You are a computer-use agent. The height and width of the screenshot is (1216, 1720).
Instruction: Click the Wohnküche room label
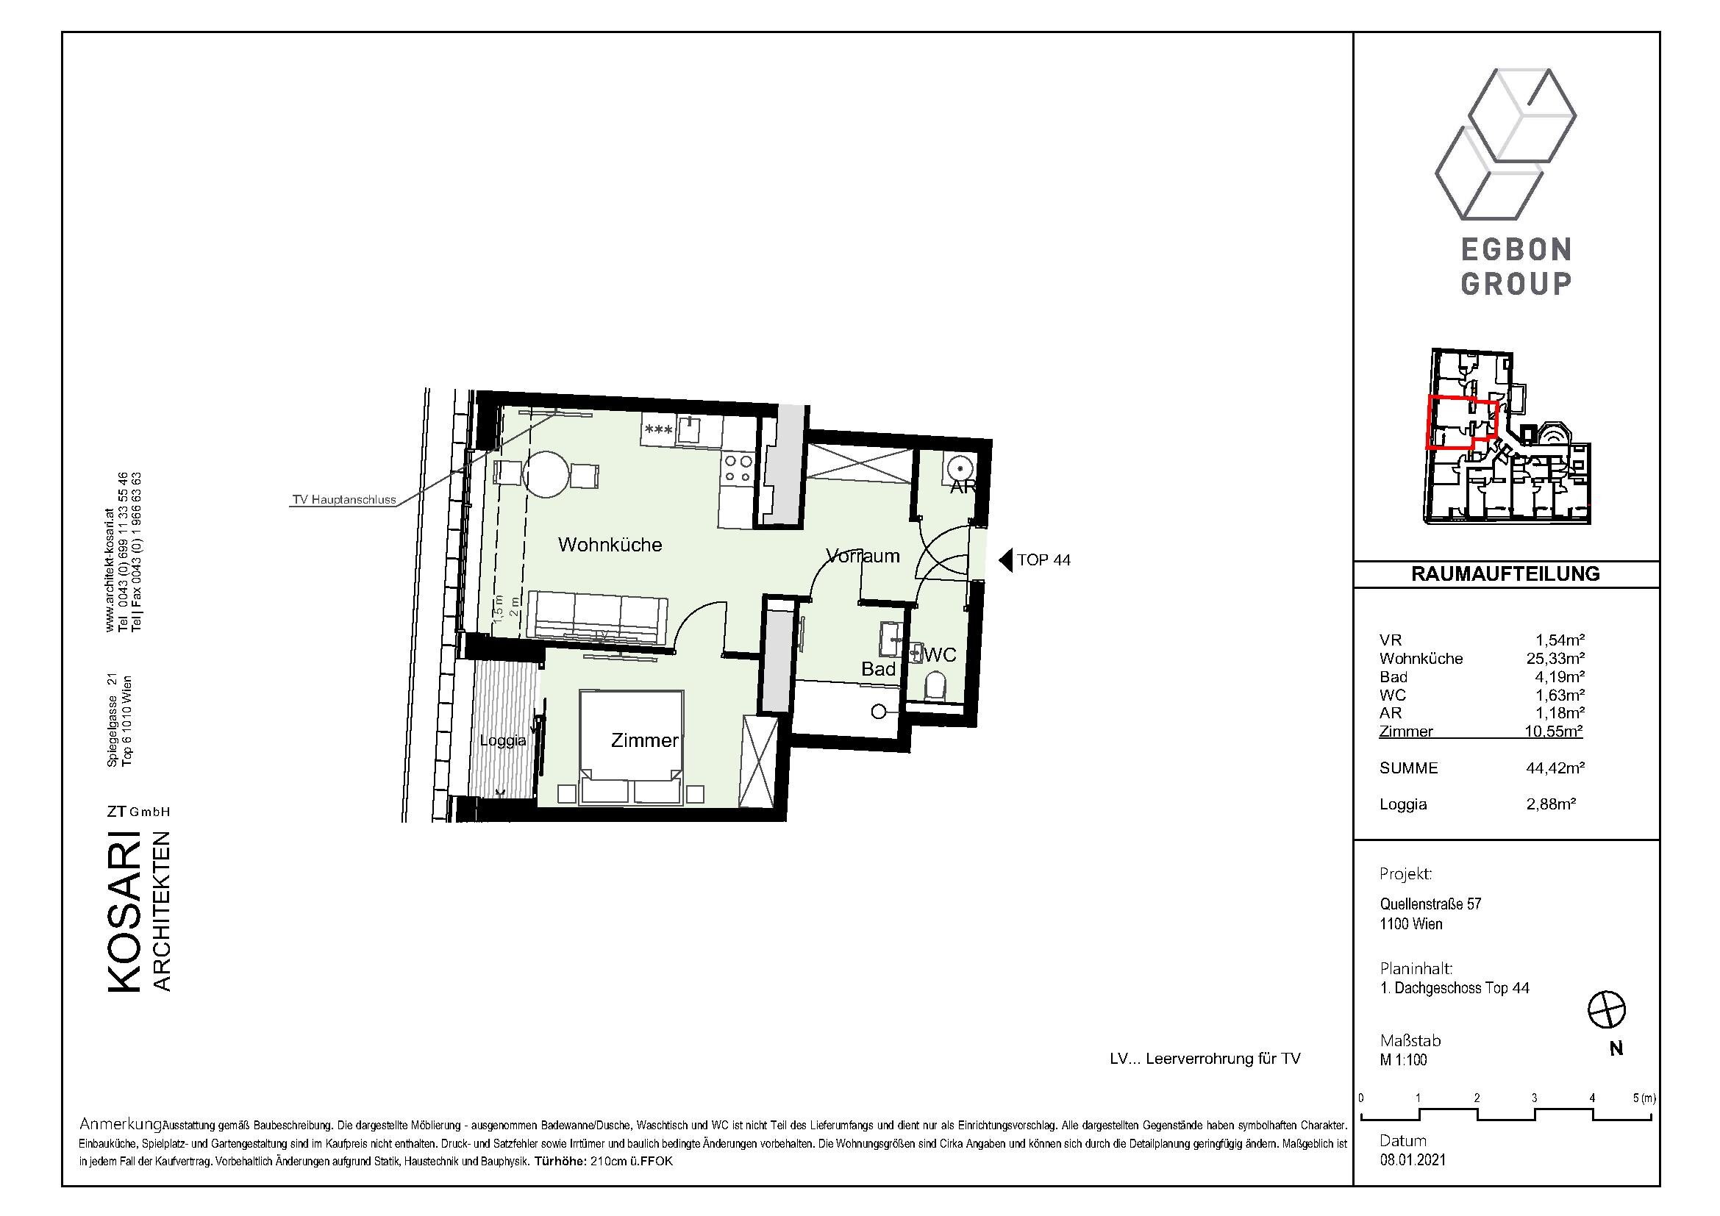click(610, 544)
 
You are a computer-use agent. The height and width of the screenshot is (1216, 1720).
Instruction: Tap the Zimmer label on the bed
click(644, 740)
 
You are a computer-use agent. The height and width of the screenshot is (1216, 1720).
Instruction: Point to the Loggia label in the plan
click(503, 740)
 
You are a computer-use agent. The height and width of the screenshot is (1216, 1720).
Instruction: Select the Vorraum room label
click(863, 556)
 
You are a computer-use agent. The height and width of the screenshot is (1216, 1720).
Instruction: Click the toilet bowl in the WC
click(935, 685)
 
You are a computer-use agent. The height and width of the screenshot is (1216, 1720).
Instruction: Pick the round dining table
click(547, 473)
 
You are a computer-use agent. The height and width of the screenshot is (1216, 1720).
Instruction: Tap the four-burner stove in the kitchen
click(736, 469)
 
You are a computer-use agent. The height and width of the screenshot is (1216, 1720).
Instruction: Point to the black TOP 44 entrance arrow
click(1005, 559)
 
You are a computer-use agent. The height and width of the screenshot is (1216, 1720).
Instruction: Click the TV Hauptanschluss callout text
click(344, 500)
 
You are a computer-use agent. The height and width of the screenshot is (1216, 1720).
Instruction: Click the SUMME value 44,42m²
click(1555, 768)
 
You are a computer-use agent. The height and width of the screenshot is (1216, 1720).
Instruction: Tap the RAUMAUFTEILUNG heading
click(1506, 573)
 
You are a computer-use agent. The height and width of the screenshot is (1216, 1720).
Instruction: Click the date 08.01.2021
click(1413, 1160)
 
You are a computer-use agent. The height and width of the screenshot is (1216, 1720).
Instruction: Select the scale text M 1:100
click(1404, 1059)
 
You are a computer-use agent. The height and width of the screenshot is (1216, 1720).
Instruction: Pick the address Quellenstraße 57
click(1431, 904)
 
